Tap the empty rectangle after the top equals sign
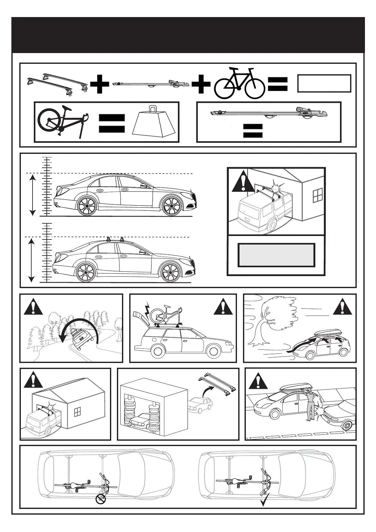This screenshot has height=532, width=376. point(324,83)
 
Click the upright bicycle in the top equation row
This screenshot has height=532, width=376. point(239,83)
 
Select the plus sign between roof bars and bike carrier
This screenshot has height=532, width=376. point(100,84)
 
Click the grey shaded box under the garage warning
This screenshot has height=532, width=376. point(276,255)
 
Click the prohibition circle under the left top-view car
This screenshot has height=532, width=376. point(101,499)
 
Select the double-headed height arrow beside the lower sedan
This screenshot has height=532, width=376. point(31,260)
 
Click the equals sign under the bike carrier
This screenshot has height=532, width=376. point(253,130)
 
